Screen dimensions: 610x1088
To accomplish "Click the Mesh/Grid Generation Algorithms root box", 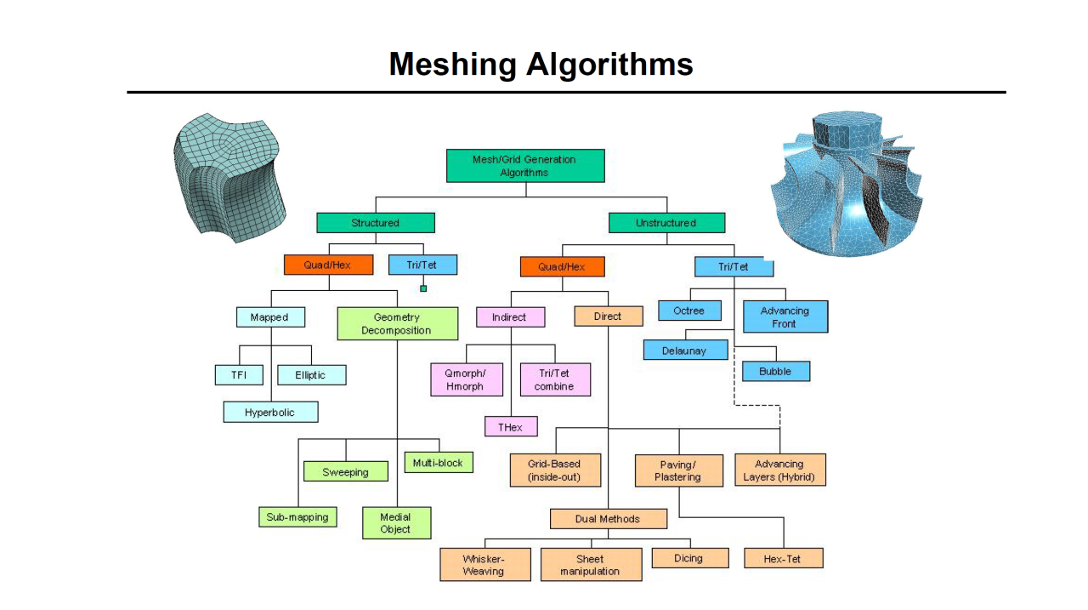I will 525,166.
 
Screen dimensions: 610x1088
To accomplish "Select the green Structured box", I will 375,223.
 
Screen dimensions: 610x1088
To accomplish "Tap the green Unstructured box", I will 666,223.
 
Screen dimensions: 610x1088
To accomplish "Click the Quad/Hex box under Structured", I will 328,265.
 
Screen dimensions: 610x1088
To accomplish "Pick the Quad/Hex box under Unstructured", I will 562,267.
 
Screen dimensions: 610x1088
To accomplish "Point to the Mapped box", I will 269,317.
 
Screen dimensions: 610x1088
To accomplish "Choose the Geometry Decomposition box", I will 397,324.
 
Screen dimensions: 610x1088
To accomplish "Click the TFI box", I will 239,375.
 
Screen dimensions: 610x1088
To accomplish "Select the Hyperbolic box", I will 270,413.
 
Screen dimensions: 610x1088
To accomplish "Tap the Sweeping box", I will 345,472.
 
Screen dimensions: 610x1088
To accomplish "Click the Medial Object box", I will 395,523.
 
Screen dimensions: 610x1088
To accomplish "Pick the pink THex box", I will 510,427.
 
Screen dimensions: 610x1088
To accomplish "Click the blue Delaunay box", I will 684,351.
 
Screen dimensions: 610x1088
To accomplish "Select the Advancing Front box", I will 785,317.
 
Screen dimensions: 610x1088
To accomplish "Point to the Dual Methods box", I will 607,519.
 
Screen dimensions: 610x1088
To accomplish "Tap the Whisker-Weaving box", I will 484,565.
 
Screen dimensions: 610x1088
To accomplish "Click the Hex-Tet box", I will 783,559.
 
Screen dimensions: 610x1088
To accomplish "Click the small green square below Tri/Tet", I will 423,288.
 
